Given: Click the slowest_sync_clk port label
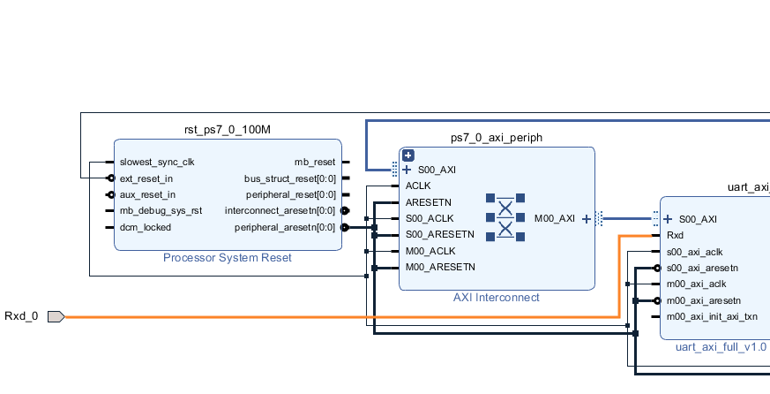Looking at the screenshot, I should [157, 163].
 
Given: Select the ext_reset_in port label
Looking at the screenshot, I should [146, 178].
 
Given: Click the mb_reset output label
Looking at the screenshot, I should [315, 163].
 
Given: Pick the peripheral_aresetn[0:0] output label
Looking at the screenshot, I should [285, 227].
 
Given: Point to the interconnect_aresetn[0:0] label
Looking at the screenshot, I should [280, 211].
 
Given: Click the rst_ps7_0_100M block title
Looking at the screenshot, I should [227, 130].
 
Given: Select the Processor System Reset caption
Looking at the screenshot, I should [227, 258].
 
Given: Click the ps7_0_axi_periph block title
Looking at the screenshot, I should [497, 138].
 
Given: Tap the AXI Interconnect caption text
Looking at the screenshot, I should [497, 298].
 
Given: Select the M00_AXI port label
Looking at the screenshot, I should [555, 218].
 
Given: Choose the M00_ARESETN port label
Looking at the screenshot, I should [440, 267].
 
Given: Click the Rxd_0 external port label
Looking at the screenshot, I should [22, 316].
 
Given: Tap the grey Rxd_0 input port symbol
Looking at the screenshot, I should [56, 316].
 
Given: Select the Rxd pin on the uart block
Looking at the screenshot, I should [675, 236].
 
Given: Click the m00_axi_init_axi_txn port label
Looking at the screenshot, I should [712, 316].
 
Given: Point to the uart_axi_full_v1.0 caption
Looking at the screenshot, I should [721, 347].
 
